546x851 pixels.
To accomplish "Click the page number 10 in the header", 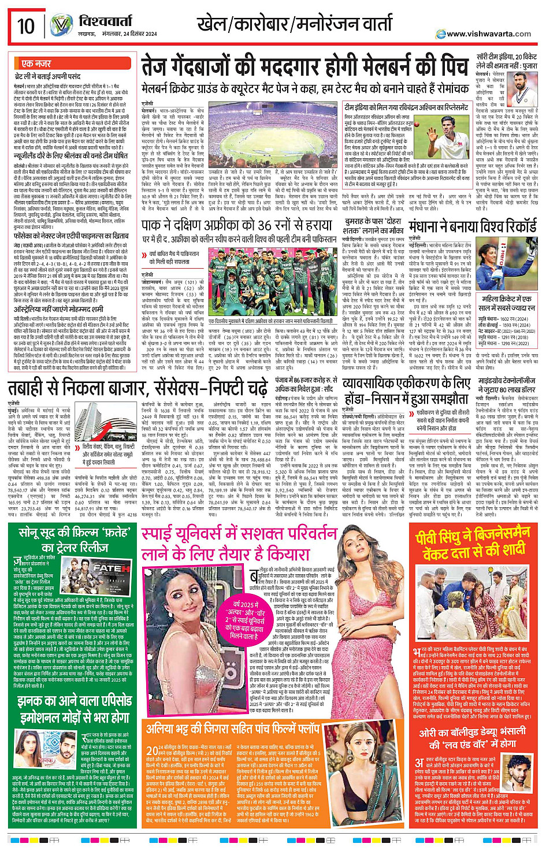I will coord(26,26).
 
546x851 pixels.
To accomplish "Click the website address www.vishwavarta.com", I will coord(489,34).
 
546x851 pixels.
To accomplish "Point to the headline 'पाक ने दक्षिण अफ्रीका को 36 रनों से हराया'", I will coord(239,225).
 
